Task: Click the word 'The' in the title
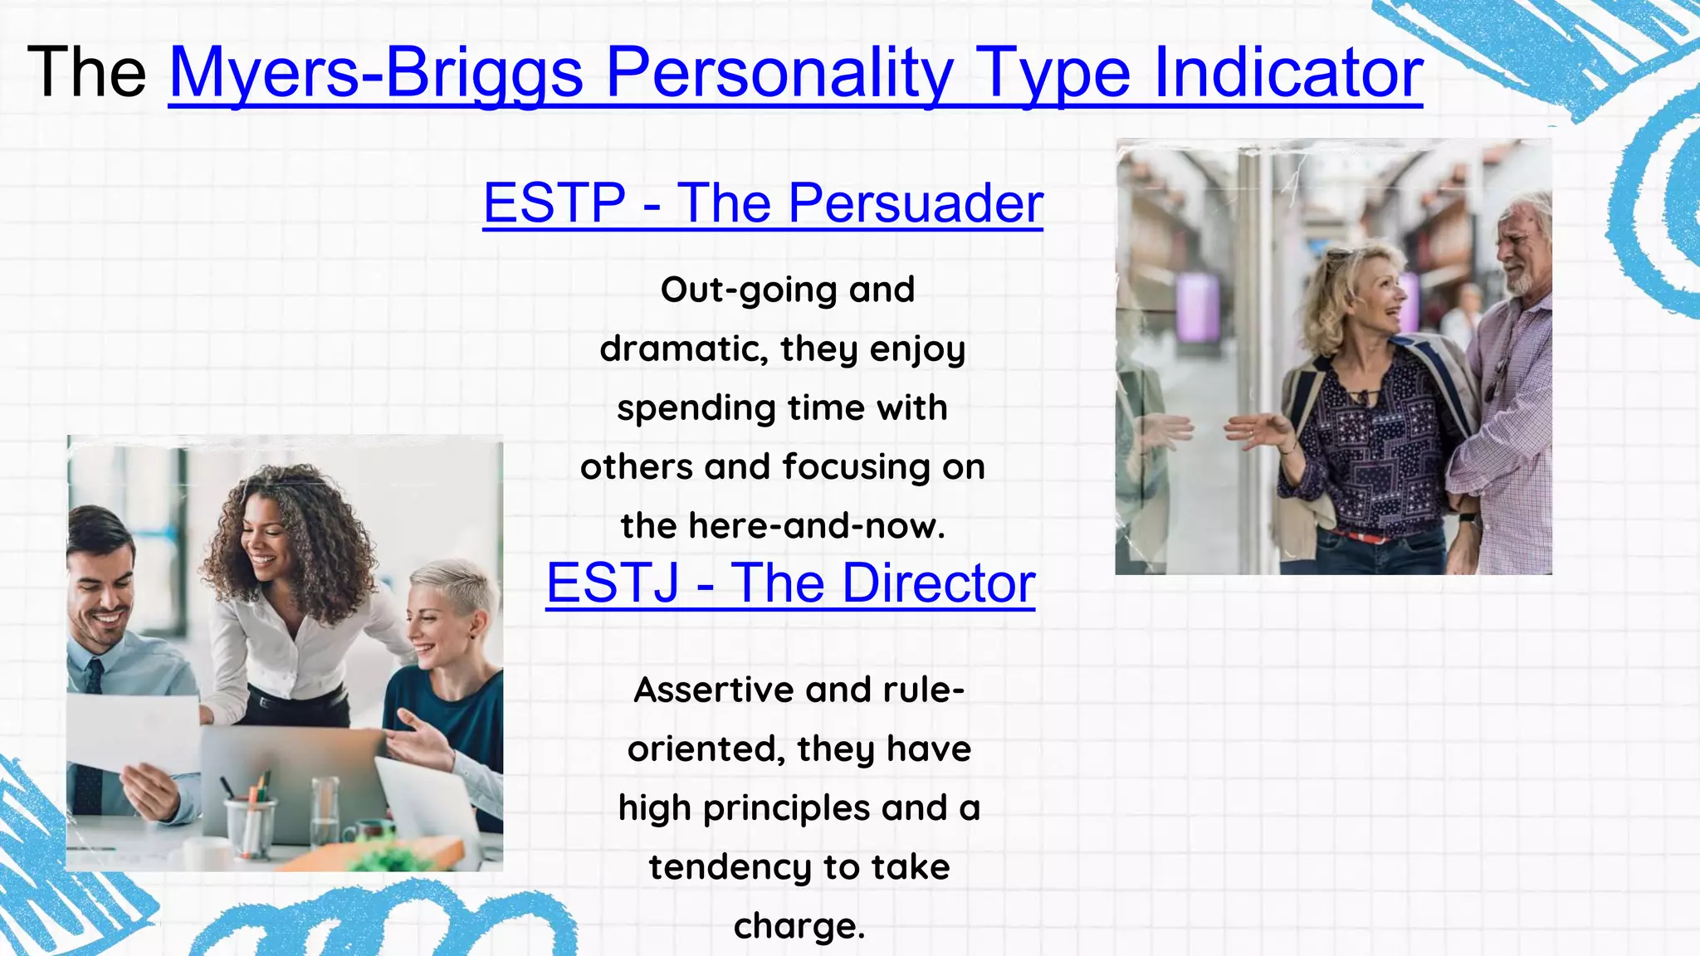point(86,72)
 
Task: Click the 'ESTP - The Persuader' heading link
point(762,202)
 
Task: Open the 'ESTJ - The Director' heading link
point(790,583)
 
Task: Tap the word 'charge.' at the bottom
point(799,926)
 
